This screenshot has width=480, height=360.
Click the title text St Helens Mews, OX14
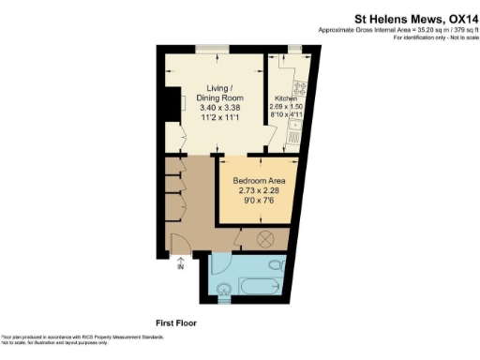click(x=412, y=16)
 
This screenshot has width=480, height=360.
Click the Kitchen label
click(x=285, y=99)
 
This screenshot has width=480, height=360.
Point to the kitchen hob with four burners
click(x=302, y=93)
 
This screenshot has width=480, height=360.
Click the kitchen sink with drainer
click(x=295, y=135)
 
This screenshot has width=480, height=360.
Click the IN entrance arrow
click(x=180, y=266)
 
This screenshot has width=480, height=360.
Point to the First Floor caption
click(x=176, y=322)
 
